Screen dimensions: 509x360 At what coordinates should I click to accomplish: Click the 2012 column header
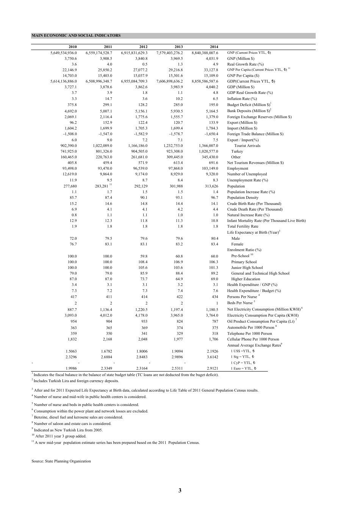click(143, 47)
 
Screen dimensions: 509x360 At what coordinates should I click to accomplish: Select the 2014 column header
click(214, 47)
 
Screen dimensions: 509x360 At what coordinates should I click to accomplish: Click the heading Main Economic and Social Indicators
click(76, 36)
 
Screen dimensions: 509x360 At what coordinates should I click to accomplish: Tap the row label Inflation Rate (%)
click(242, 99)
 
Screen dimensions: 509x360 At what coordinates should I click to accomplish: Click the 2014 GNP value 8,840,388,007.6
click(205, 53)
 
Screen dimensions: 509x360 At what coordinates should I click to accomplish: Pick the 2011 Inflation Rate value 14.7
click(108, 99)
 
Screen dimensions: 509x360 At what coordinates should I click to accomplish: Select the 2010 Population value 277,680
click(70, 186)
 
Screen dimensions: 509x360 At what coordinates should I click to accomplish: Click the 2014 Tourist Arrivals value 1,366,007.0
click(208, 146)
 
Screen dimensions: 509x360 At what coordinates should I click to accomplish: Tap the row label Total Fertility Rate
click(243, 226)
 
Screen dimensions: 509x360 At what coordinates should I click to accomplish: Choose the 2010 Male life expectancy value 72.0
click(73, 239)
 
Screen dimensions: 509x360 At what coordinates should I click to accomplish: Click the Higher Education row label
click(246, 279)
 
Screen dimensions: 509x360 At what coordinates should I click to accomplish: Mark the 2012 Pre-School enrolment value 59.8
click(144, 256)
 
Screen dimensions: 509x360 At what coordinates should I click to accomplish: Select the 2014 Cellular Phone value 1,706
click(213, 339)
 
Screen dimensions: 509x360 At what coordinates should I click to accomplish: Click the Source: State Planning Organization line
click(61, 461)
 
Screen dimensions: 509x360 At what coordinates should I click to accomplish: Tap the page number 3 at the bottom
click(180, 490)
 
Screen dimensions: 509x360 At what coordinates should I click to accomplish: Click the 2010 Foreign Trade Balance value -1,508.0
click(70, 134)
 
